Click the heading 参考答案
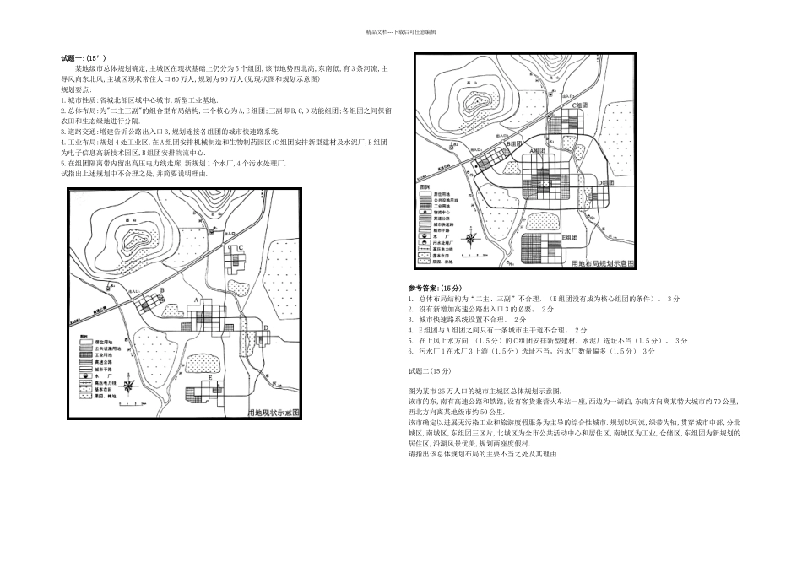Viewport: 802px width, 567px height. tap(431, 288)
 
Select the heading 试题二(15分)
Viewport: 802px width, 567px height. tap(430, 370)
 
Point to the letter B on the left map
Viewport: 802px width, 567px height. tap(161, 290)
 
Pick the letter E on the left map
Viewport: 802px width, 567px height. tap(209, 380)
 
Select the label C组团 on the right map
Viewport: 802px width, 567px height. tap(578, 105)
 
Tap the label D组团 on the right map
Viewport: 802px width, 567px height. tap(605, 182)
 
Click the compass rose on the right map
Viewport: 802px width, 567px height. tap(480, 249)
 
